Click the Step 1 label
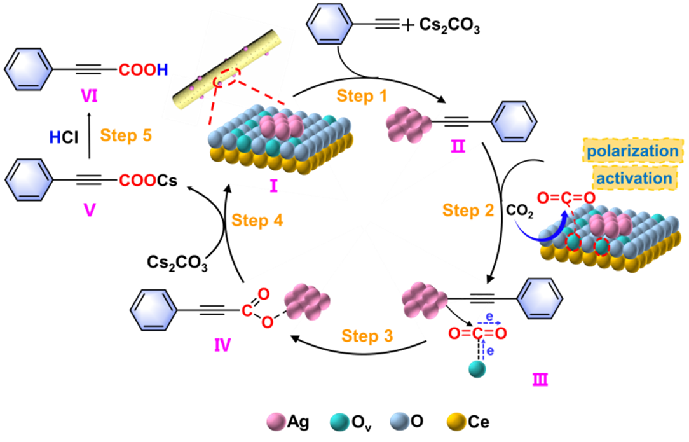coord(362,96)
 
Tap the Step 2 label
coord(468,211)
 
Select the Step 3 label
coord(367,336)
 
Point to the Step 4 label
coord(257,221)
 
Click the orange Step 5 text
coord(126,135)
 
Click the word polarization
coord(632,151)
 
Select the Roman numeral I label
coord(274,186)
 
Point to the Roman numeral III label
coord(540,380)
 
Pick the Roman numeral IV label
coord(222,346)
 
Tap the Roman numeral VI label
coord(89,95)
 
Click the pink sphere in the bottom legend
coord(276,421)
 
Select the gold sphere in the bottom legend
coord(457,421)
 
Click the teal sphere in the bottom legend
coord(339,421)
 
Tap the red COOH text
coord(143,70)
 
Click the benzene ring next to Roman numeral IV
coord(153,310)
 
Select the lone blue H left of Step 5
coord(55,136)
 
